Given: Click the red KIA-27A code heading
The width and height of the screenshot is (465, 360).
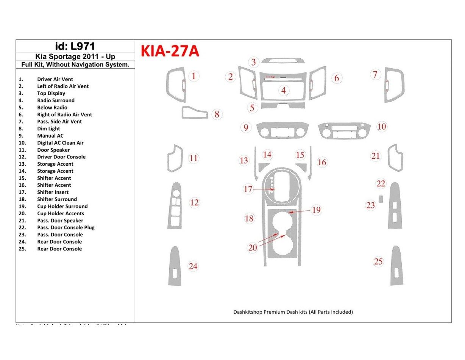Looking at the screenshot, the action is tap(170, 51).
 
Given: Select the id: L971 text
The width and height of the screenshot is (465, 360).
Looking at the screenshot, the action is tap(75, 46).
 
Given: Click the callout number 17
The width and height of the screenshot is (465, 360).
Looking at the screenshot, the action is tap(248, 189).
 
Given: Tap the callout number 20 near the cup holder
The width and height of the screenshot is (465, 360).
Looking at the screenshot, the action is tap(253, 247).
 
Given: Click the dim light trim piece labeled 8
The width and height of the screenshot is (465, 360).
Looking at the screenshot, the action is tap(194, 113).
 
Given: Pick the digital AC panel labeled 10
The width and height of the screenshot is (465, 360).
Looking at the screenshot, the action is tap(344, 131).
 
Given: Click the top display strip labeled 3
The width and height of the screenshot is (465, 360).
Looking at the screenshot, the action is tap(283, 61).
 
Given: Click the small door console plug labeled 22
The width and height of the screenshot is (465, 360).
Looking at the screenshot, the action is tap(381, 199).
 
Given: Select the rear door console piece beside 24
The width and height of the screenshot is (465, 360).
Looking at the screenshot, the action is tap(175, 266).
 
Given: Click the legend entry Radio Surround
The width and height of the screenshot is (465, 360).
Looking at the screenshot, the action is tap(56, 100).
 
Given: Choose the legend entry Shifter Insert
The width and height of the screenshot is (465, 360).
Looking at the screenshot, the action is tap(53, 192).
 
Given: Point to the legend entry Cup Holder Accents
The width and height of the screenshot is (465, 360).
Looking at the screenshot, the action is tap(61, 213).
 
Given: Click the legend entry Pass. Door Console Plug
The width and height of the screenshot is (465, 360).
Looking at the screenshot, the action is tap(66, 227).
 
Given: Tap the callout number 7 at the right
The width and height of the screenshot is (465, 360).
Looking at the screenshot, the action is tap(375, 75).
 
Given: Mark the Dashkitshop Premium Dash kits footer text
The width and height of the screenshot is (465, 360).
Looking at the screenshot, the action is tap(293, 312).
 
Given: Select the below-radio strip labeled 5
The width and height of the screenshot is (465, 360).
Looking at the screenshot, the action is tap(283, 105).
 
